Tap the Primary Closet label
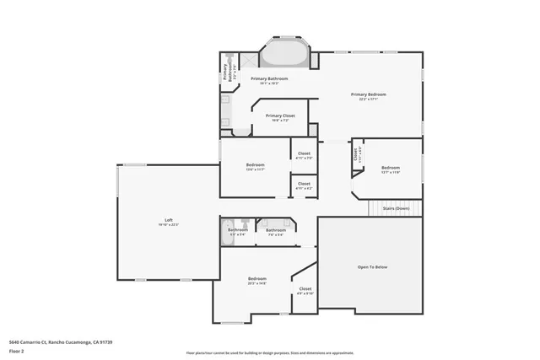tap(279, 116)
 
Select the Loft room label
tap(169, 220)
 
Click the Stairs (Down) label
tap(396, 207)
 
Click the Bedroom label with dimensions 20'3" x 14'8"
tap(256, 279)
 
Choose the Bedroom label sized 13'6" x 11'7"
tap(255, 164)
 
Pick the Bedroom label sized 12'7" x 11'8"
tap(390, 167)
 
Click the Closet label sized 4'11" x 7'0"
tap(304, 153)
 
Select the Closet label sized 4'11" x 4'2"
tap(304, 184)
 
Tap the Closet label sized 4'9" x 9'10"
tap(305, 289)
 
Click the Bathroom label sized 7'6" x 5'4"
tap(275, 230)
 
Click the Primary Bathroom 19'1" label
tap(270, 78)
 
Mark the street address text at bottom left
tap(61, 342)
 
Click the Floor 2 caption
tap(18, 351)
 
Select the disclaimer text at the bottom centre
tap(270, 352)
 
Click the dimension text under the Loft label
tap(169, 225)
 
